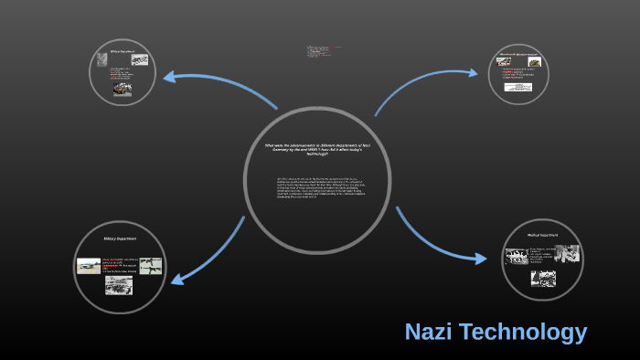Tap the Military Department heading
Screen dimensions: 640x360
tap(119, 238)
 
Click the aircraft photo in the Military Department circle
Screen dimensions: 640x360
tap(89, 266)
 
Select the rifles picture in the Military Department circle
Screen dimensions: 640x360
tap(150, 264)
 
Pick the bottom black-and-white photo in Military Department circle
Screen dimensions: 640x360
tap(118, 286)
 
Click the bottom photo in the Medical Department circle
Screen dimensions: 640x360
tap(543, 278)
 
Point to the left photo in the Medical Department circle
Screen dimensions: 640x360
tap(516, 256)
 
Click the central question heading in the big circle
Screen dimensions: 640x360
tap(317, 149)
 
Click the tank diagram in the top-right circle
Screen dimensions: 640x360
tap(532, 62)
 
